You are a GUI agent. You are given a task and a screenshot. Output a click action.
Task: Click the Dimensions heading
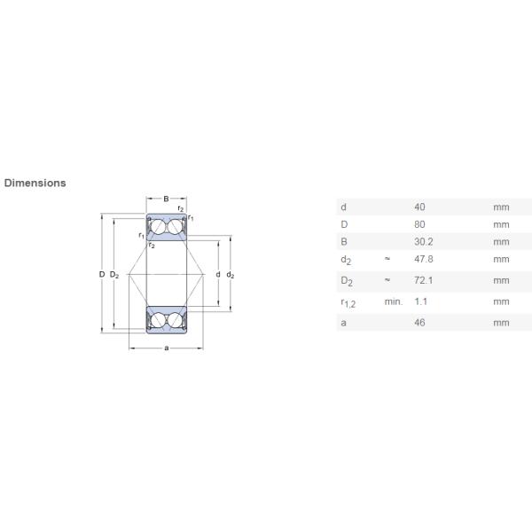35,183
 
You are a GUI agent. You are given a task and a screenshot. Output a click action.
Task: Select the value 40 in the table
419,207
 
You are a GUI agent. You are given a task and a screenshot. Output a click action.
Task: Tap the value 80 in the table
419,224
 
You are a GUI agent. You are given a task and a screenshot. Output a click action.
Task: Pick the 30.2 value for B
424,241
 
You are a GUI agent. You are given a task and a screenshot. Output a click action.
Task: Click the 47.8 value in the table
424,259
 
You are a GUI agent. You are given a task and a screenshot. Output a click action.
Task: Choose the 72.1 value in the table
424,280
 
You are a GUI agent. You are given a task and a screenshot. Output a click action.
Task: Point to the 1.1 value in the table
420,301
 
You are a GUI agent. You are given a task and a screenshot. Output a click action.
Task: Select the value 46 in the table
419,323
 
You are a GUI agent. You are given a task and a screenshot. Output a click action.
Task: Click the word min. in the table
393,301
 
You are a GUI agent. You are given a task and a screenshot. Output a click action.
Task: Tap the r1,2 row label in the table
348,302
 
